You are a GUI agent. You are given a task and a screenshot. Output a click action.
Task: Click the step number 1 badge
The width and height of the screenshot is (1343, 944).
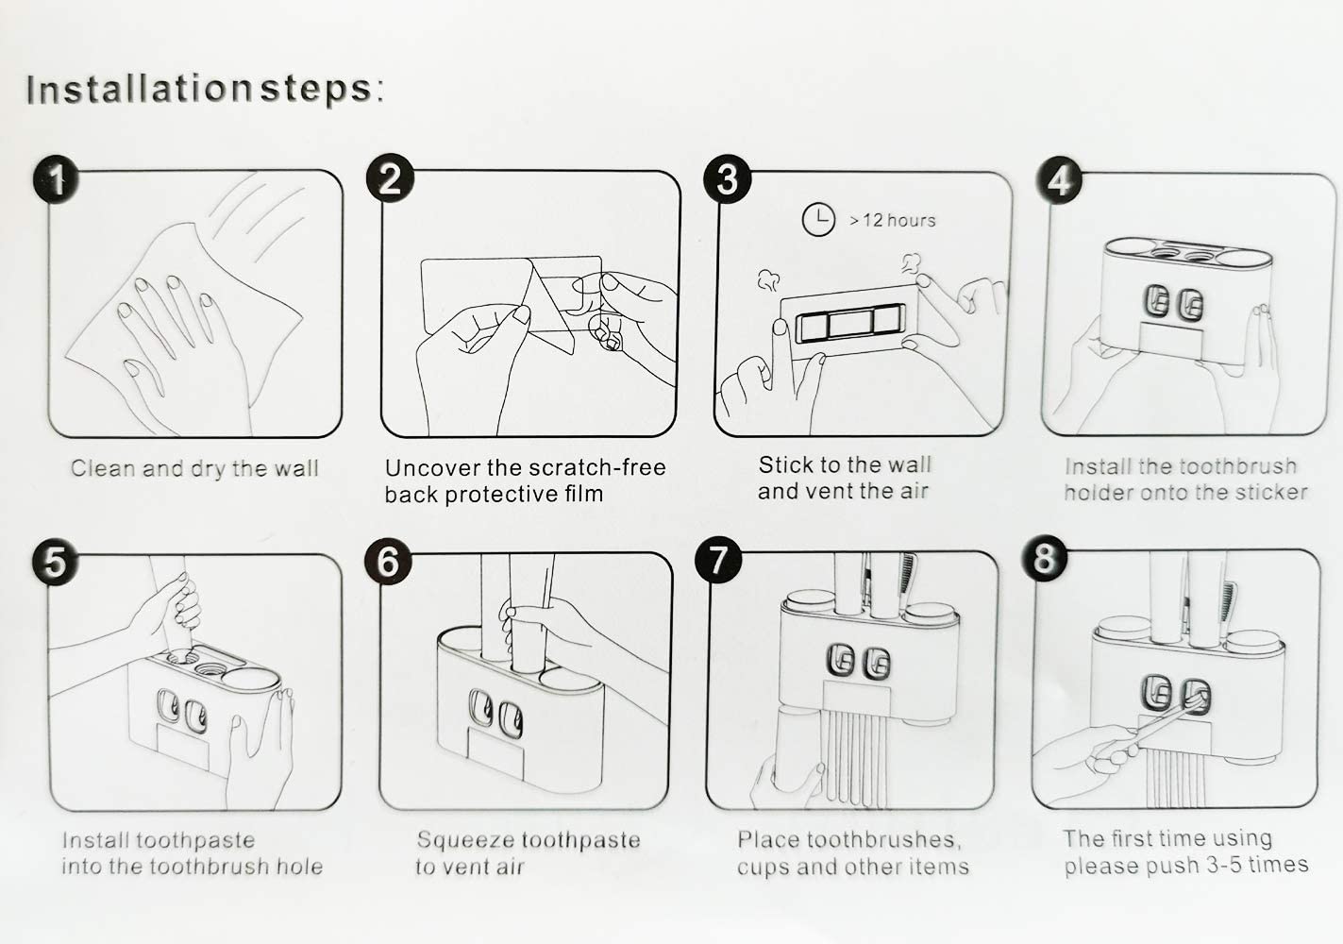coord(56,180)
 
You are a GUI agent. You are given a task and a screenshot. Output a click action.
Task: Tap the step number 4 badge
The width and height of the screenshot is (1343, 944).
coord(1060,181)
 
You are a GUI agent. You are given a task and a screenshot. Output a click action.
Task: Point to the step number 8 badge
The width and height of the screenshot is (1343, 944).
coord(1045,558)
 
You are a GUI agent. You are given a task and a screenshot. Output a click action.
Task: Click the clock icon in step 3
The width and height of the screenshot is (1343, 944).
coord(818,220)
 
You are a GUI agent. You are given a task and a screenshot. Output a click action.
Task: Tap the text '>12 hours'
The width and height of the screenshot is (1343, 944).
coord(893,221)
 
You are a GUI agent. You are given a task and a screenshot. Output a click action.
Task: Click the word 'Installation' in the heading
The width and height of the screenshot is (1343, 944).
coord(139,90)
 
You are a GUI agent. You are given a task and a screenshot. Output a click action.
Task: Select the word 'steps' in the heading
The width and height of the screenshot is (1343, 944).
coord(316,91)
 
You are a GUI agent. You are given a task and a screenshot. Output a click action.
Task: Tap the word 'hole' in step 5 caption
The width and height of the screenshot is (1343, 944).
coord(299,867)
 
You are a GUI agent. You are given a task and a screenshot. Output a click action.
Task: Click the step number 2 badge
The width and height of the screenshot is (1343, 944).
coord(390,178)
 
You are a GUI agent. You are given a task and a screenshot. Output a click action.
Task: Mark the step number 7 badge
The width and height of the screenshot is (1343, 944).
coord(718,560)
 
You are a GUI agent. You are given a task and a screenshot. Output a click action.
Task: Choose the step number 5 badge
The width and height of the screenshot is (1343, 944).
coord(55,564)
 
